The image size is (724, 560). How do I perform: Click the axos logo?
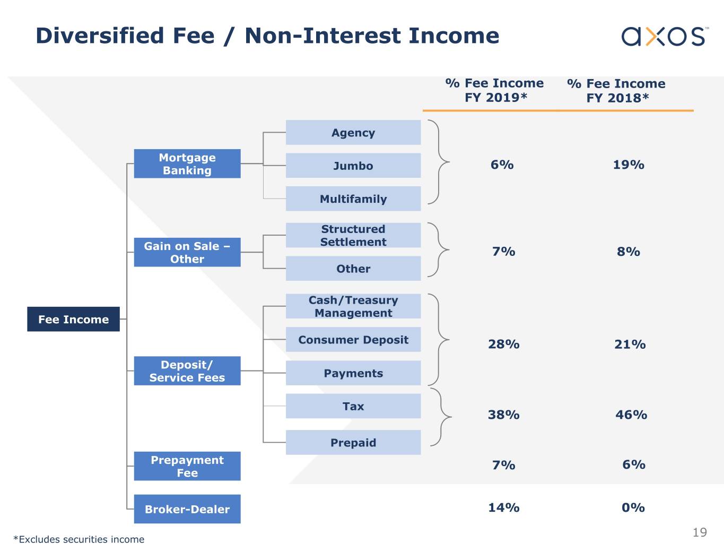[665, 36]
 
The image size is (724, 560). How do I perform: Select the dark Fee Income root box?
[73, 319]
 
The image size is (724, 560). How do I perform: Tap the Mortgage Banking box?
[187, 163]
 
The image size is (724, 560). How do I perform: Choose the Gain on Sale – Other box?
[187, 252]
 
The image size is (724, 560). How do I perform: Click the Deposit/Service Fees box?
[187, 371]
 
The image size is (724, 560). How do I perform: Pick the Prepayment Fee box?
[187, 466]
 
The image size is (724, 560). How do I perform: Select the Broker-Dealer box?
[187, 509]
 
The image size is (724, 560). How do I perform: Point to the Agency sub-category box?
[353, 132]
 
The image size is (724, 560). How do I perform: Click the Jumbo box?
[353, 166]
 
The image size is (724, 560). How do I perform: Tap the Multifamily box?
[353, 199]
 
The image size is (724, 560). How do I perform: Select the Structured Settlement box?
[353, 235]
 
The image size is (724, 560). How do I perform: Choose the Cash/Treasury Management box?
[353, 306]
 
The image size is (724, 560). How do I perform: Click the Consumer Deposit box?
[353, 339]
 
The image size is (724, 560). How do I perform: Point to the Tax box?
[353, 406]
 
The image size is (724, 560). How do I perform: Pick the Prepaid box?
[353, 442]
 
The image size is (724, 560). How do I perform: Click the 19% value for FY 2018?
[629, 165]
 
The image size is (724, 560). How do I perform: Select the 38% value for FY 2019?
[504, 415]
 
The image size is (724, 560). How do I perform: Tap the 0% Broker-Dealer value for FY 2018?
[633, 507]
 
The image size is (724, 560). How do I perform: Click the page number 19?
[700, 532]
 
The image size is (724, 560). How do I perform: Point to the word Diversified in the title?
[100, 36]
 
